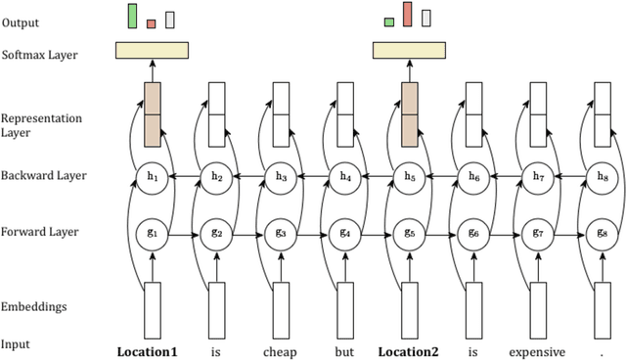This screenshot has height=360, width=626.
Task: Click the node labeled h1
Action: pos(152,176)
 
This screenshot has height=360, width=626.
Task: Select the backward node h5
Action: pos(410,176)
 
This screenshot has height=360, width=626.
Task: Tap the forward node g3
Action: pos(281,233)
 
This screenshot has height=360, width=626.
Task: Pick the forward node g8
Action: pos(603,233)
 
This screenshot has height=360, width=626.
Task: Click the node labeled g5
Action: pos(410,233)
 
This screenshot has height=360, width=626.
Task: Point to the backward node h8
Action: pos(603,176)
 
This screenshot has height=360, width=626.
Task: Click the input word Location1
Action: pos(148,350)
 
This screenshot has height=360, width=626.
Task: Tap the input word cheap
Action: pos(280,350)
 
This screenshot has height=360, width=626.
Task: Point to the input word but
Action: pos(344,350)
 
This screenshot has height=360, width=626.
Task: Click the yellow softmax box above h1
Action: pos(152,50)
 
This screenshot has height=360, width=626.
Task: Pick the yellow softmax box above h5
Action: pos(410,50)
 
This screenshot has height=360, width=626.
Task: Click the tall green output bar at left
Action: pos(132,16)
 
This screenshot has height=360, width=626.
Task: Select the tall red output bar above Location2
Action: pos(408,15)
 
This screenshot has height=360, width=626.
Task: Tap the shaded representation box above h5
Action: pos(410,114)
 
